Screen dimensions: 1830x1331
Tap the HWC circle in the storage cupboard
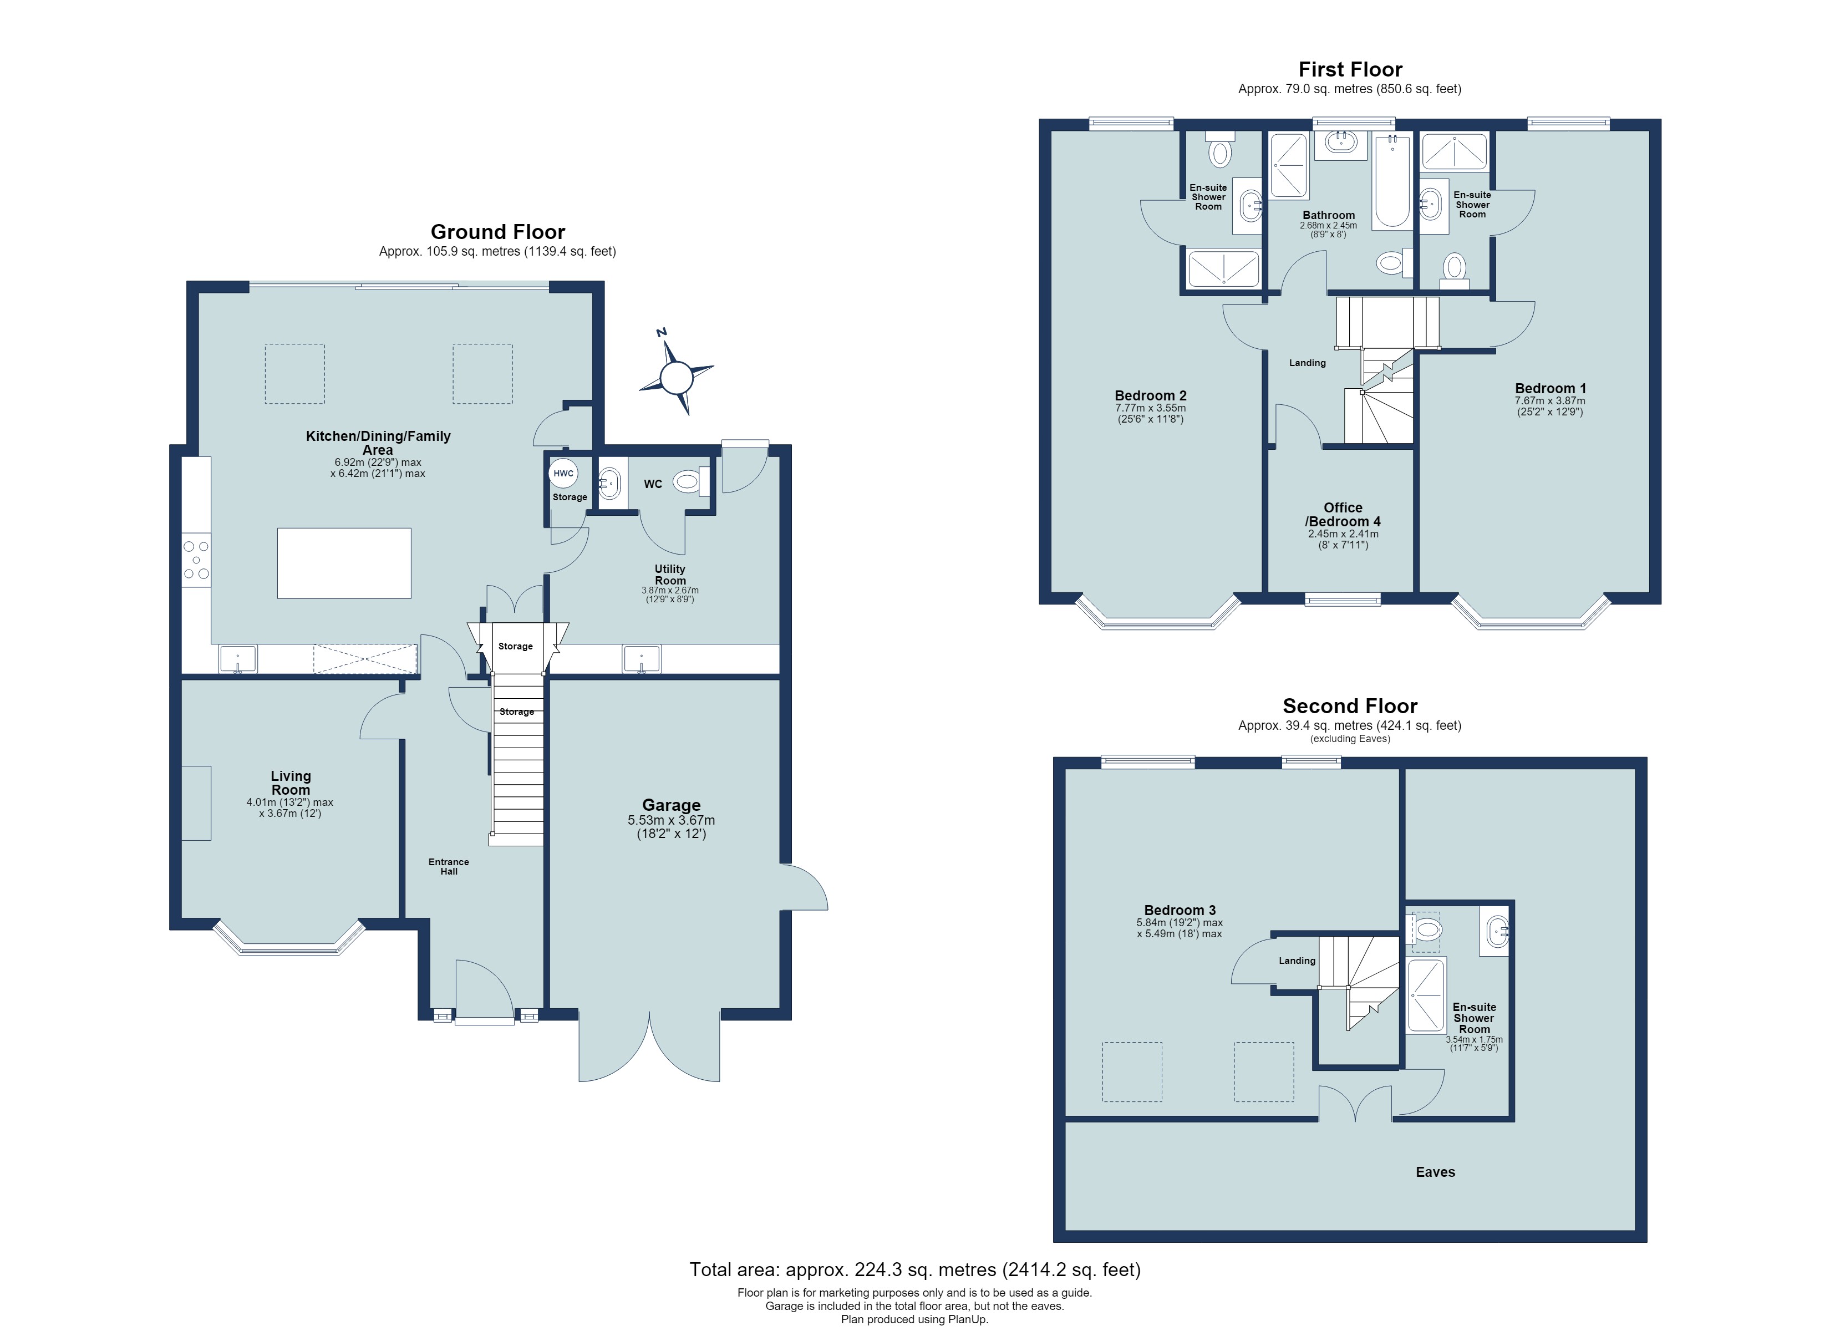pyautogui.click(x=563, y=473)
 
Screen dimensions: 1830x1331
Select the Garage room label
pyautogui.click(x=672, y=805)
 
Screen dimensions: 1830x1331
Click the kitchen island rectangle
pyautogui.click(x=344, y=563)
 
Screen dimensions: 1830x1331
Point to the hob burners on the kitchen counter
pyautogui.click(x=196, y=560)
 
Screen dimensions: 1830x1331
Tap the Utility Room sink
pyautogui.click(x=642, y=659)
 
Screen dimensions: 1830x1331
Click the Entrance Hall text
pyautogui.click(x=449, y=866)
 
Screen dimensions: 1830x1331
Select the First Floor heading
pyautogui.click(x=1350, y=69)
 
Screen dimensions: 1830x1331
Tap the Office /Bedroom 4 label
pyautogui.click(x=1343, y=514)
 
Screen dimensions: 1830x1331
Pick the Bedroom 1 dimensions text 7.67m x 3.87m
pyautogui.click(x=1549, y=401)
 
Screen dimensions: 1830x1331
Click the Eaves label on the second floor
pyautogui.click(x=1435, y=1172)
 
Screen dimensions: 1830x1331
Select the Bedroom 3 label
pyautogui.click(x=1180, y=910)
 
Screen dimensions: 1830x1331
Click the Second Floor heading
pyautogui.click(x=1350, y=706)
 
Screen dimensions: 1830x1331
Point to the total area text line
pyautogui.click(x=915, y=1269)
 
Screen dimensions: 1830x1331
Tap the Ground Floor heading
pyautogui.click(x=498, y=232)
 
